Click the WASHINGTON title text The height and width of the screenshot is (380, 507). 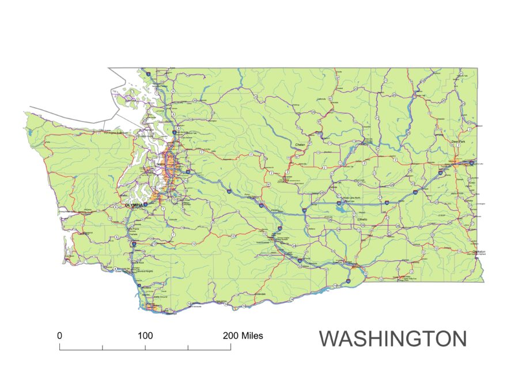[x=393, y=339]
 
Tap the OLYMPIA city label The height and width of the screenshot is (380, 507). [x=134, y=204]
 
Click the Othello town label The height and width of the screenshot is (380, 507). [x=363, y=219]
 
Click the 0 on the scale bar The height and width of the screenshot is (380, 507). [x=59, y=335]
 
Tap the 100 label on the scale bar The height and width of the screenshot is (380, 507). [x=145, y=335]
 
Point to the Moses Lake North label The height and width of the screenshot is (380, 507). [x=351, y=198]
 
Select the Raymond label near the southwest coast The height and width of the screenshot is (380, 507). [x=87, y=233]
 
